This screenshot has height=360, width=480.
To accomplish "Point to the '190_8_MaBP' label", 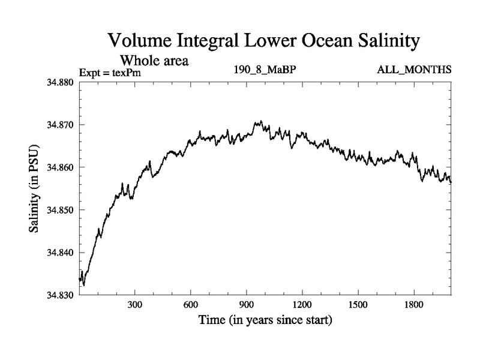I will point(265,70).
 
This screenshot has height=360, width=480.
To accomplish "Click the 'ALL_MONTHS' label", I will point(414,70).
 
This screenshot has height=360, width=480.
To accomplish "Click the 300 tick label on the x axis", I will point(135,304).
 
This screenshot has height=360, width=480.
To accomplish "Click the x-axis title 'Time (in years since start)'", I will point(265,321).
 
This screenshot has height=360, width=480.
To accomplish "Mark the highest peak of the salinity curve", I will point(260,121).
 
